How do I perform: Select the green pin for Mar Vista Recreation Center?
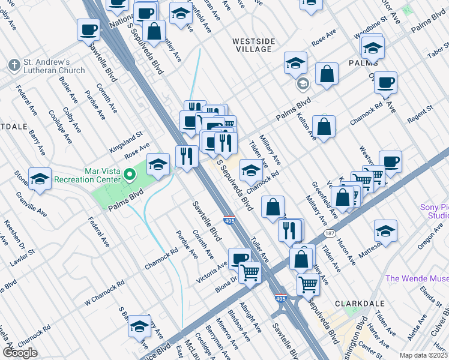[130, 175]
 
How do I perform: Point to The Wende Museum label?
[417, 278]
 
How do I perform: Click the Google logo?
[20, 353]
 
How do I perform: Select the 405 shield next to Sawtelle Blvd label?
[229, 220]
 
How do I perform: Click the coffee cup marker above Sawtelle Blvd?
[88, 30]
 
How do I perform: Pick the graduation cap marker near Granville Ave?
[40, 179]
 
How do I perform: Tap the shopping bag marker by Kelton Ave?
[324, 127]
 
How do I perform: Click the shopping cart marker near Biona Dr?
[250, 273]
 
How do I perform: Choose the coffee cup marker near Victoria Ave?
[240, 259]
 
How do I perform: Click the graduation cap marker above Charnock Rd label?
[250, 170]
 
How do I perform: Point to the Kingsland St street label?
[125, 142]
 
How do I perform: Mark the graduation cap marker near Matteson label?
[385, 231]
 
